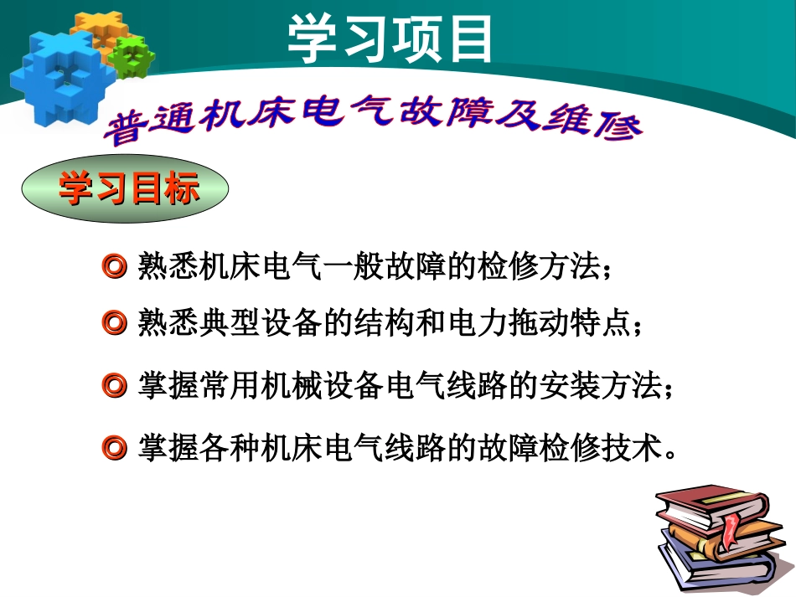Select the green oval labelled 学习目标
[x=125, y=191]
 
